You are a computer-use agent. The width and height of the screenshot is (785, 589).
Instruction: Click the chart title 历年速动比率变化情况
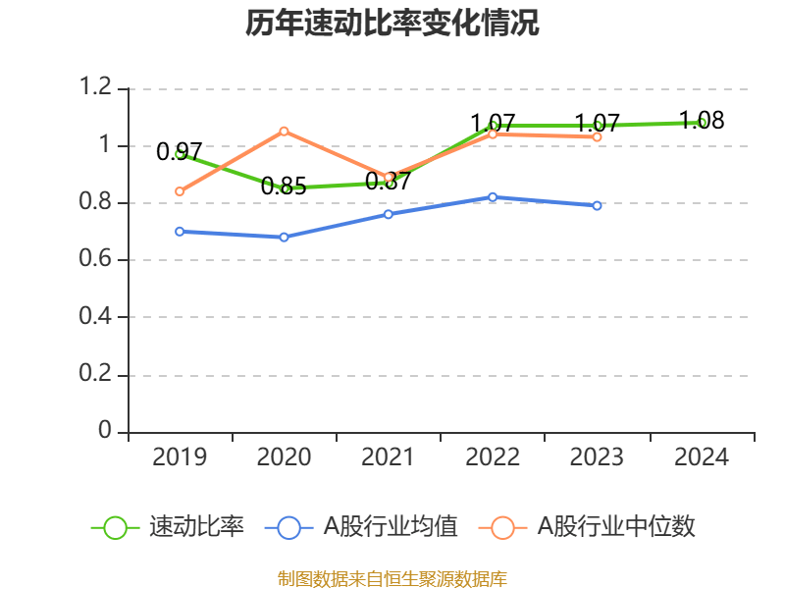click(392, 24)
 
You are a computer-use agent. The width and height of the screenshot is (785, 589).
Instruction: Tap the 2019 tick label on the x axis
click(180, 457)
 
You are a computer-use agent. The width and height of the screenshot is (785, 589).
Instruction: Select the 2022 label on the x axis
click(493, 457)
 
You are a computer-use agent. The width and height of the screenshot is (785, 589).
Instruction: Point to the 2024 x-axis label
click(702, 457)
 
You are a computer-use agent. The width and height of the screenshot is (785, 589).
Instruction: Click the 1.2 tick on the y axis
click(101, 88)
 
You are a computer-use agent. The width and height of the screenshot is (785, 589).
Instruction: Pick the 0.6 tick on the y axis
click(101, 260)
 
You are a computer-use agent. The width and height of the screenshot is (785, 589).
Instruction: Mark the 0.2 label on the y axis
click(101, 375)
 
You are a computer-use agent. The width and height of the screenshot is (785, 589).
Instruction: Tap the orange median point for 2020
click(285, 131)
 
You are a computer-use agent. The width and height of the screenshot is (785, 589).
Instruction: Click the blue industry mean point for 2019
click(180, 232)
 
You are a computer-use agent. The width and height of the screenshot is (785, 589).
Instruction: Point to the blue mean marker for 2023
click(597, 206)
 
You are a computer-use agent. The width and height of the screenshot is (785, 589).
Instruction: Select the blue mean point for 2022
click(493, 197)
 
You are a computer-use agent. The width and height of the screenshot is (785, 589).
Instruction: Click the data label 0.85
click(284, 187)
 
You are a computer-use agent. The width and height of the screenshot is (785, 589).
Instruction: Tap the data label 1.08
click(702, 121)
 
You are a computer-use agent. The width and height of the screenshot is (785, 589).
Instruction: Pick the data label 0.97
click(180, 152)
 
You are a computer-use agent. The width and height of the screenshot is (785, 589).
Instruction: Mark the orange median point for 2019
click(180, 191)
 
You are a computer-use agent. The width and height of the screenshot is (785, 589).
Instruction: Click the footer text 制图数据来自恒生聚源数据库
click(392, 578)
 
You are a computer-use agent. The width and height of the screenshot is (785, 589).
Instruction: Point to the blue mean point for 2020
click(285, 238)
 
